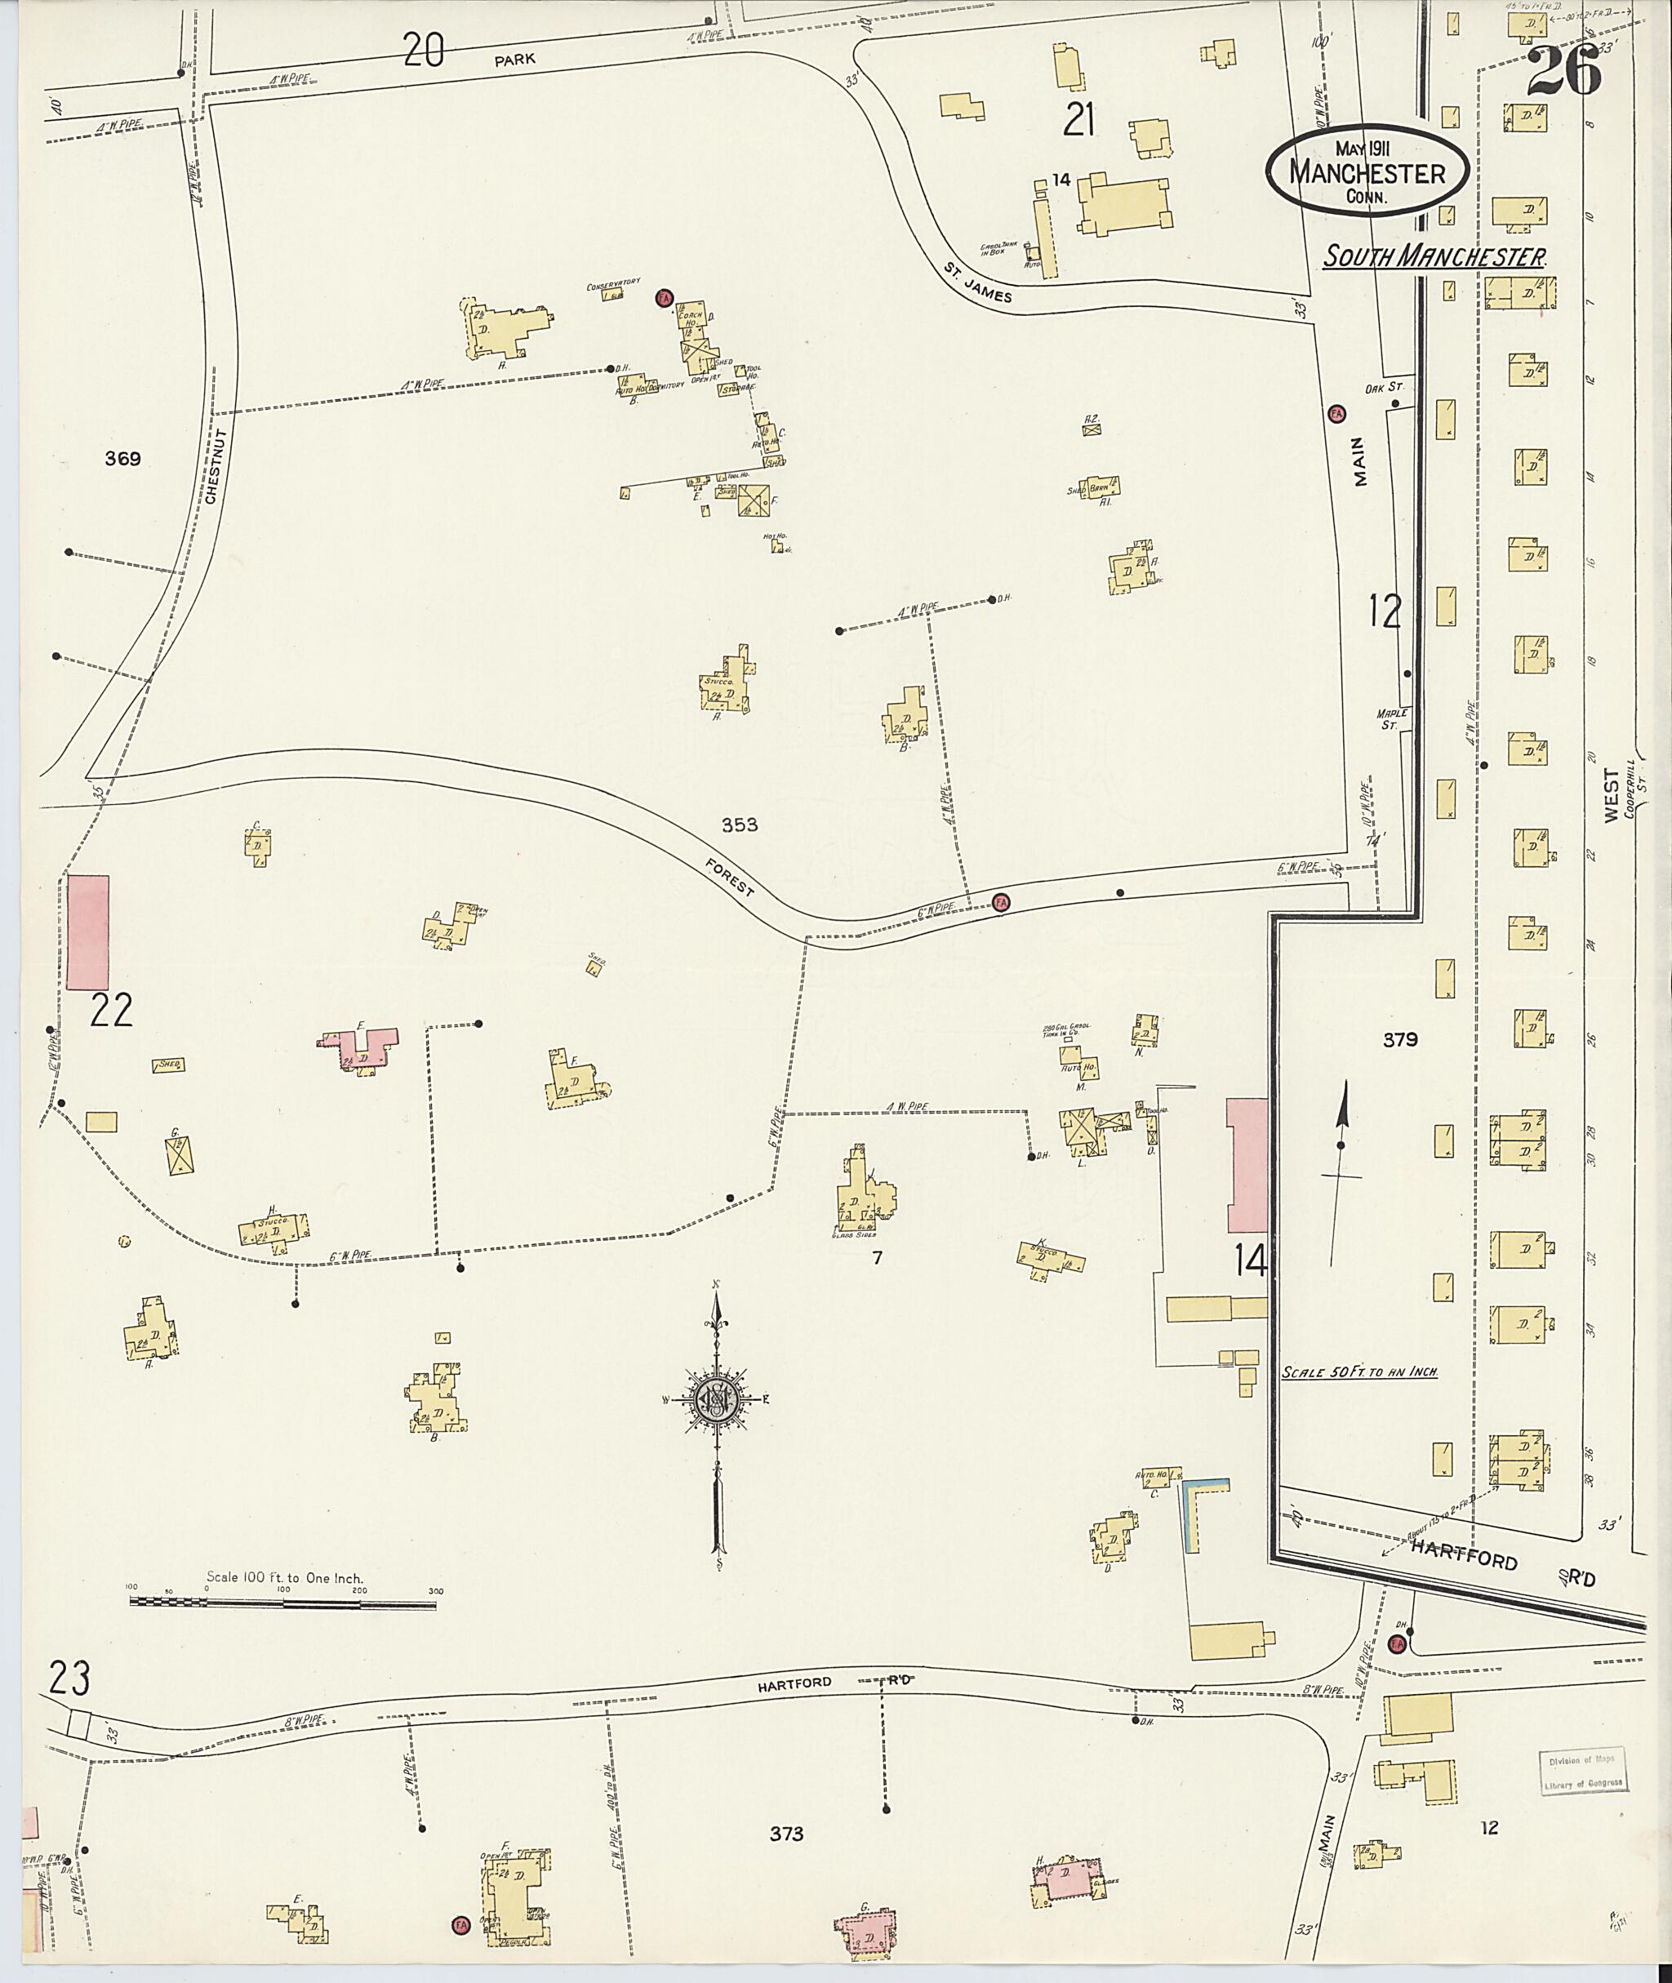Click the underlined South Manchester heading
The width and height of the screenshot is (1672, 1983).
pyautogui.click(x=1435, y=257)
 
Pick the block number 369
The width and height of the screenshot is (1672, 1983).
pyautogui.click(x=123, y=459)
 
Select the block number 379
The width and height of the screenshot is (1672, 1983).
pyautogui.click(x=1399, y=1039)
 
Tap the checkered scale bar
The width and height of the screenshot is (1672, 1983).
pyautogui.click(x=283, y=1601)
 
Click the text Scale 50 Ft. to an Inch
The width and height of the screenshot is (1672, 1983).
pyautogui.click(x=1359, y=1372)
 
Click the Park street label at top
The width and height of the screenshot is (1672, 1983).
pyautogui.click(x=514, y=59)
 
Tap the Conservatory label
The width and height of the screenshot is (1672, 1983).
pyautogui.click(x=614, y=283)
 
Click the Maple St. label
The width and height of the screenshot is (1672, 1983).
pyautogui.click(x=1395, y=718)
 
